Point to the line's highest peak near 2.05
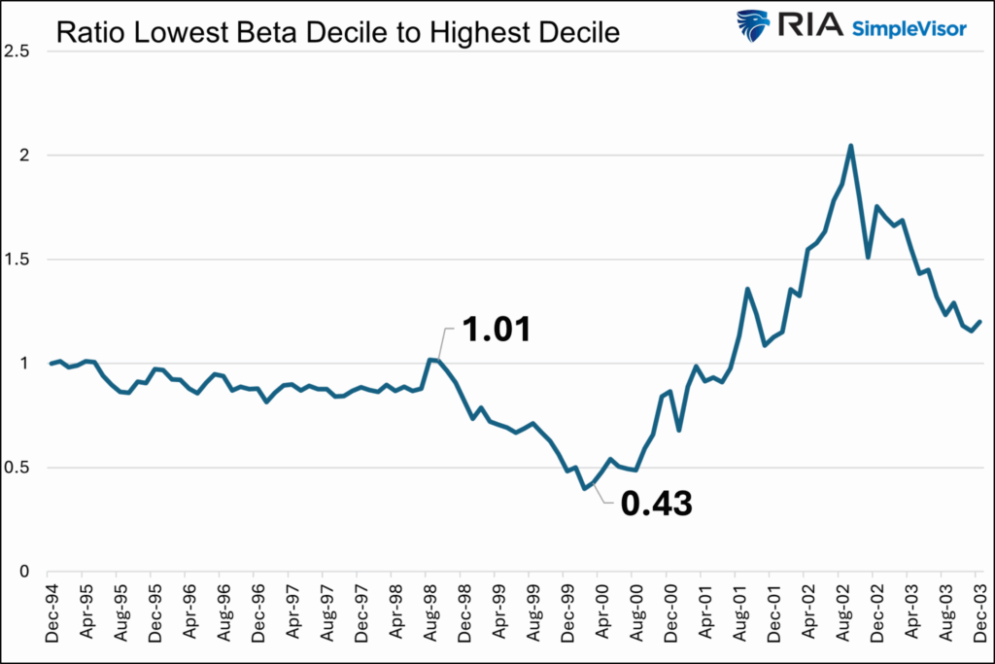(851, 146)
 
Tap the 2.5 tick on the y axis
(17, 51)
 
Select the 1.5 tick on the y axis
(17, 260)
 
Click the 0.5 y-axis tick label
(17, 468)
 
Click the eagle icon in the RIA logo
(753, 26)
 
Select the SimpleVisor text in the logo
(909, 28)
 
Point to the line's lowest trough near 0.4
(584, 488)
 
